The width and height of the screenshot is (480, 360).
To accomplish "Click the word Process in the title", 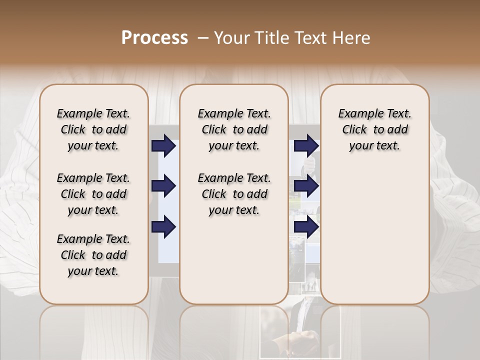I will pyautogui.click(x=154, y=37).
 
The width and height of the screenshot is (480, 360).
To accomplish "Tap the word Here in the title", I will pyautogui.click(x=352, y=37).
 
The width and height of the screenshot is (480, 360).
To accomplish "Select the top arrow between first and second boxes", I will pyautogui.click(x=163, y=146).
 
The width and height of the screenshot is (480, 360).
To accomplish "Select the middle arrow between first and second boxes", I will pyautogui.click(x=163, y=186).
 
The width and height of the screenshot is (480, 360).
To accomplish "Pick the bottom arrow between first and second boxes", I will pyautogui.click(x=163, y=227).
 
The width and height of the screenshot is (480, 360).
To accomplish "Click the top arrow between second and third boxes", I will pyautogui.click(x=306, y=146).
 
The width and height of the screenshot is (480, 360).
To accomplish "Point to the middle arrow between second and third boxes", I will pyautogui.click(x=306, y=186).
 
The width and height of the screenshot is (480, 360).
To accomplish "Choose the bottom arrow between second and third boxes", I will pyautogui.click(x=306, y=227).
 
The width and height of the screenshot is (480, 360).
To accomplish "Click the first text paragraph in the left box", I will pyautogui.click(x=93, y=129).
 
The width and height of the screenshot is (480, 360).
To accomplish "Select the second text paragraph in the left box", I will pyautogui.click(x=93, y=194).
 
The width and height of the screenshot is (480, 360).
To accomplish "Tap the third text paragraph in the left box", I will pyautogui.click(x=93, y=255).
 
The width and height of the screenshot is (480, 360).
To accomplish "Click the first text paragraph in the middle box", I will pyautogui.click(x=234, y=129).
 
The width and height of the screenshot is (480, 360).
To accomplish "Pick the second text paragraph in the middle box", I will pyautogui.click(x=234, y=194).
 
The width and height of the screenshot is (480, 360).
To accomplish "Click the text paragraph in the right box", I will pyautogui.click(x=374, y=129).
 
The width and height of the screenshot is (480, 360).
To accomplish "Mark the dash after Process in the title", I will pyautogui.click(x=203, y=37).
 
